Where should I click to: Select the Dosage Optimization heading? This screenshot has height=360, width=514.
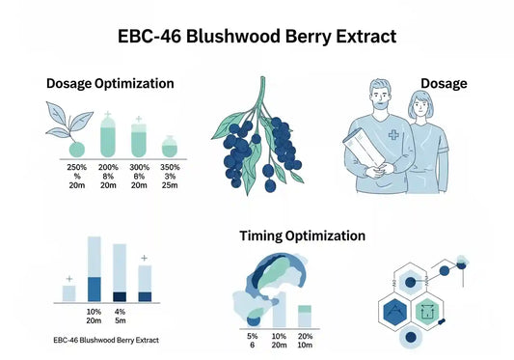(110, 84)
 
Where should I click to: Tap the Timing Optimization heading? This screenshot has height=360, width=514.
(302, 235)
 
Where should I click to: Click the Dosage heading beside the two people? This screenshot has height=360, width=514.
(444, 84)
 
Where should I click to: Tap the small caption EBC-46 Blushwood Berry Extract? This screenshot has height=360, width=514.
(107, 341)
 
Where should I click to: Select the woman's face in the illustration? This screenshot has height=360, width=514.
(419, 108)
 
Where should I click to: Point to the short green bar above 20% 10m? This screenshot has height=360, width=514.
(305, 316)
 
